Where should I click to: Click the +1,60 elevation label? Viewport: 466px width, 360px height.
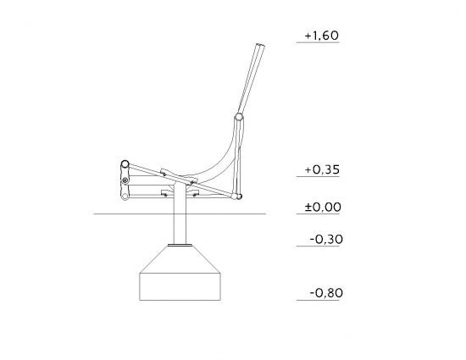(322, 36)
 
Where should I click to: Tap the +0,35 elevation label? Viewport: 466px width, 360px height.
(322, 170)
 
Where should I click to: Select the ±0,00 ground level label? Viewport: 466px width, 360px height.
(323, 207)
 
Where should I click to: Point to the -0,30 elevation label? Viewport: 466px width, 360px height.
(326, 240)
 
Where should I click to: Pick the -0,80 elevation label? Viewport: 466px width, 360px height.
(326, 293)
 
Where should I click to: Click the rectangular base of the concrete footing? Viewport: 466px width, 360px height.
(180, 286)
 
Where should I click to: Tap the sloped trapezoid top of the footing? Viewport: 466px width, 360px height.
(180, 259)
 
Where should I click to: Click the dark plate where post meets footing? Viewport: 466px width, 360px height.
(180, 245)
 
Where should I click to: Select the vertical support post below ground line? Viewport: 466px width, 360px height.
(180, 229)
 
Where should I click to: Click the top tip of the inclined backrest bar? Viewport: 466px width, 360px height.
(260, 45)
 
